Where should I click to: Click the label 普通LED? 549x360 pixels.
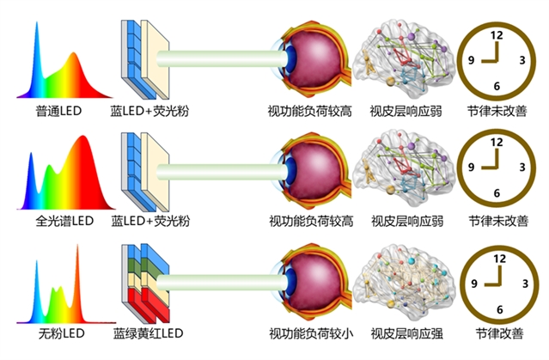coord(58,112)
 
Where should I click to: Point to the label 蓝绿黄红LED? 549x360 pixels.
coord(149,333)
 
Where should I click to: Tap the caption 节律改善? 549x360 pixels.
coord(496,333)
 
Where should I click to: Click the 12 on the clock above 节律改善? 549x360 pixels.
coord(496,254)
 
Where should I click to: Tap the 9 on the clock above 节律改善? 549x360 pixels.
coord(472,282)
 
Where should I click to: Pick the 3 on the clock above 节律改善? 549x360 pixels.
coord(522,282)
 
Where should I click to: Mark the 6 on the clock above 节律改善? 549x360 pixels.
coord(497,308)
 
